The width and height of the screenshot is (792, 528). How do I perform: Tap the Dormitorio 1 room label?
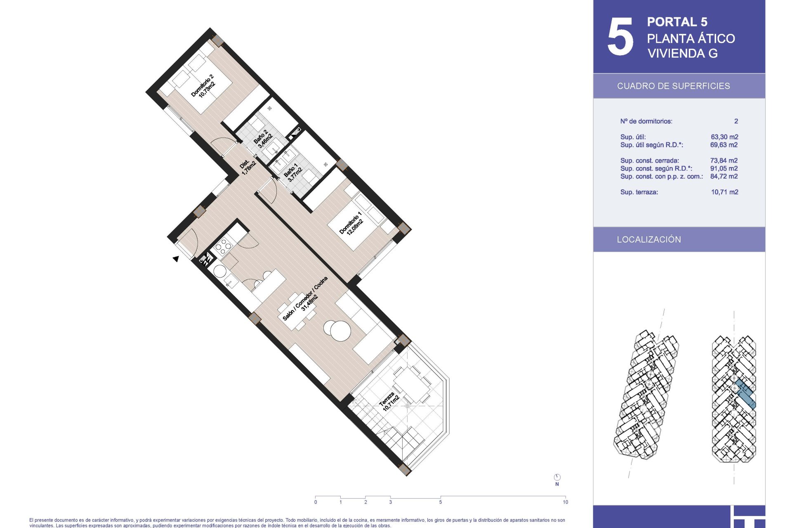[x=351, y=224]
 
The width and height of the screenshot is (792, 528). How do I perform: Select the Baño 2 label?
[x=263, y=139]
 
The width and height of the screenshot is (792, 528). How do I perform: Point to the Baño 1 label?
[x=293, y=172]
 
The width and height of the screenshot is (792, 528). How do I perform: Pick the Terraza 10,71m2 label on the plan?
[x=389, y=401]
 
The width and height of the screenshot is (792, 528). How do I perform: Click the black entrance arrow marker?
[x=176, y=259]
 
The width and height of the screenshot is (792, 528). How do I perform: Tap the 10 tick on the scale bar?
[x=565, y=497]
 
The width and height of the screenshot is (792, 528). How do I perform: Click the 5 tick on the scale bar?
[x=441, y=497]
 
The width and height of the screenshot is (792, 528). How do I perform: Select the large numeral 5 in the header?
[x=620, y=37]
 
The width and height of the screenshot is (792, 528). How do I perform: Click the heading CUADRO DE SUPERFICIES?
[x=673, y=86]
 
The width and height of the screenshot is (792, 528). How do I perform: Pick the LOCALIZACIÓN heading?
[x=649, y=240]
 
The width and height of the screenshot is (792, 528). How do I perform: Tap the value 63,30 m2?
[x=724, y=137]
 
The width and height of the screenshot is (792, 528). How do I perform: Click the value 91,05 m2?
[x=724, y=168]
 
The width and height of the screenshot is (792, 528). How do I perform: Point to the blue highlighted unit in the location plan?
[x=746, y=394]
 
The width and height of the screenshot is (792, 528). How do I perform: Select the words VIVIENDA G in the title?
[x=683, y=53]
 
